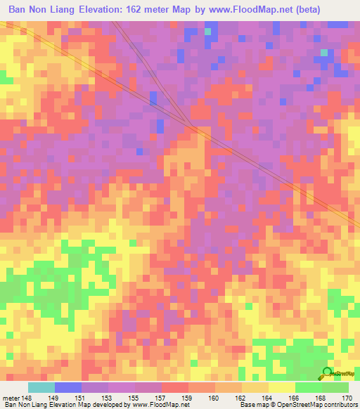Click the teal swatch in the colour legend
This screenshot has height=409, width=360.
coord(41,387)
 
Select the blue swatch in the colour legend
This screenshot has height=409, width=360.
coord(67,387)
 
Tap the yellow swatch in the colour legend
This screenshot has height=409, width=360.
coord(281,387)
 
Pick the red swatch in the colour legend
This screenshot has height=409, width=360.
coord(174,387)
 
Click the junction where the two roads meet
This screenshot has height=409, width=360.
coord(193,127)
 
